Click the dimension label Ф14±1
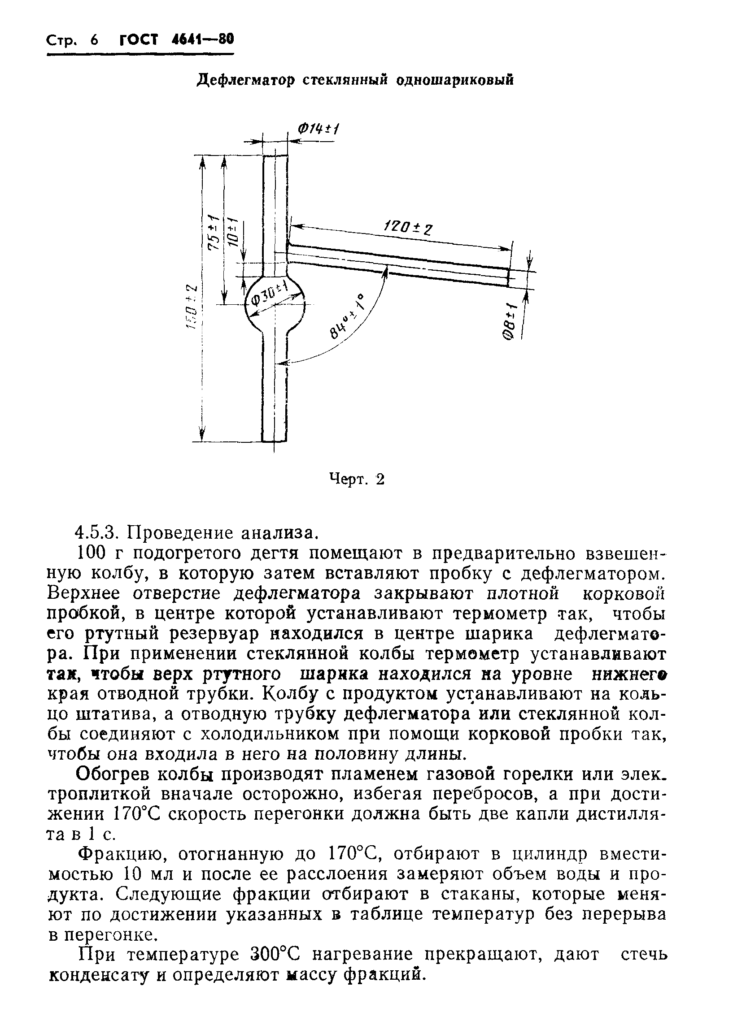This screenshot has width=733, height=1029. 318,130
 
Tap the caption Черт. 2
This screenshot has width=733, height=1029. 357,479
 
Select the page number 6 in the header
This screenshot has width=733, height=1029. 94,40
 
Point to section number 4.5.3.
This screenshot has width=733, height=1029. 97,533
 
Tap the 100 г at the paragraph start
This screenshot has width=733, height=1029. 99,553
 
